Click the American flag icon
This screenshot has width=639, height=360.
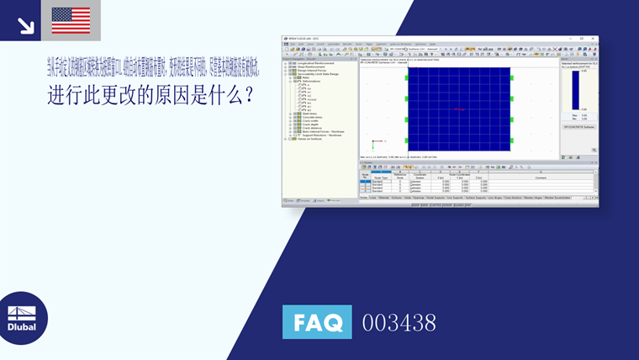click(x=71, y=20)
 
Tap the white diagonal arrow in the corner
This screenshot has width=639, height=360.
click(x=25, y=26)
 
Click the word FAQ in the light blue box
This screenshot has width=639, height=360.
click(x=317, y=322)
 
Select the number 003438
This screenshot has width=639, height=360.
click(x=399, y=322)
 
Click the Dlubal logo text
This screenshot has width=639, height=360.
click(x=22, y=326)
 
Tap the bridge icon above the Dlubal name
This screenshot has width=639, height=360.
click(x=22, y=309)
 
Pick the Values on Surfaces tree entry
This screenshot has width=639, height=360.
click(x=311, y=139)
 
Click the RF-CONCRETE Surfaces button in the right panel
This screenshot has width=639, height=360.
click(x=578, y=127)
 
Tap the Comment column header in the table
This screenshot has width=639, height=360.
click(x=540, y=177)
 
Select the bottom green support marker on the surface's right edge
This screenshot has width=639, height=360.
click(x=511, y=140)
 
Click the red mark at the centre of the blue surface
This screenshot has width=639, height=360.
click(x=458, y=109)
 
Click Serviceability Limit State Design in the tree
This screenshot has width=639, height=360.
click(x=319, y=73)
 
